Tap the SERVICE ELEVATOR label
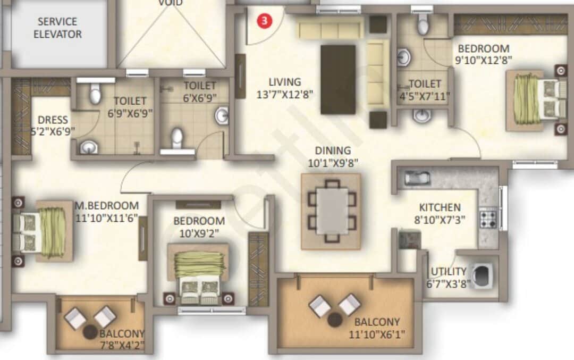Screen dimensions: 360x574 58,28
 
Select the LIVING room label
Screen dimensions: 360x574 284,82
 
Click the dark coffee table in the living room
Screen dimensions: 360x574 338,79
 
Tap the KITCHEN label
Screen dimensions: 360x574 440,207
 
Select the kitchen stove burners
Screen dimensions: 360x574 488,217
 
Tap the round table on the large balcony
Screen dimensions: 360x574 335,320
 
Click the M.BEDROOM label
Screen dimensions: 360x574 107,205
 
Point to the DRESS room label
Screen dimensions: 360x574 53,120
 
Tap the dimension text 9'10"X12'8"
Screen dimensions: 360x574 484,60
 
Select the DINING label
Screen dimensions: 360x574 333,150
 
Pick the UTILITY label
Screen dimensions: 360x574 449,271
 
